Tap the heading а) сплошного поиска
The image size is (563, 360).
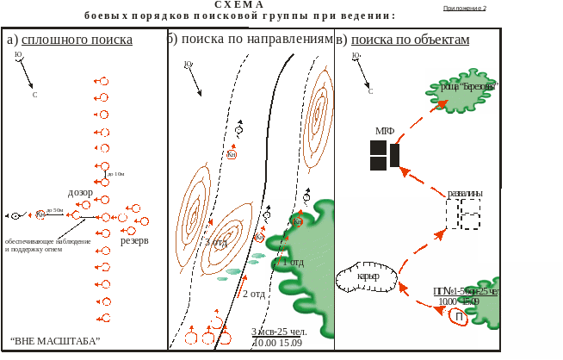69,40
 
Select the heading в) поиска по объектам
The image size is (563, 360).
403,40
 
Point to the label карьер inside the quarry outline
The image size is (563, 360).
368,276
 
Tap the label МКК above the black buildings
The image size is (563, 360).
384,131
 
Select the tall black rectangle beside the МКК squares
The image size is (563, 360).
395,155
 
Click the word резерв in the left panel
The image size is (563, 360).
135,242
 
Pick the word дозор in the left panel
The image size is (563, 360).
80,193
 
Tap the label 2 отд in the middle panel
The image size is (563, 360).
252,294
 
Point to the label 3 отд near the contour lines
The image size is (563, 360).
215,243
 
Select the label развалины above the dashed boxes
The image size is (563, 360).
465,194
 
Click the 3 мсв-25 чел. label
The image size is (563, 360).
276,332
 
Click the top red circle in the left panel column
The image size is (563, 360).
104,81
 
